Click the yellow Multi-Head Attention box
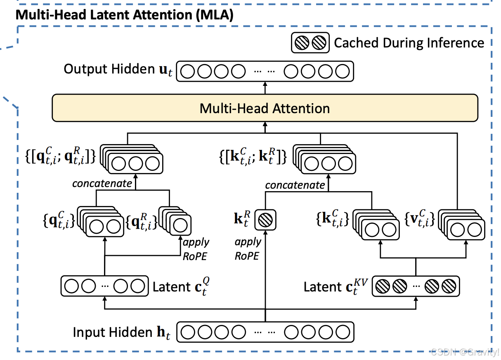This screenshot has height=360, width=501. [265, 108]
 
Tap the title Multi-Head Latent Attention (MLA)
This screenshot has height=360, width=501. [125, 15]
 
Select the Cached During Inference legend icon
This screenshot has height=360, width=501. [310, 43]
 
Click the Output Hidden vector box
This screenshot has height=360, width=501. [265, 71]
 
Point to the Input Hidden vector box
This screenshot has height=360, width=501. [265, 332]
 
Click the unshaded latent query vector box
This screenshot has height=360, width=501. [104, 286]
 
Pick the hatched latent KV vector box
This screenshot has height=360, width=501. [416, 287]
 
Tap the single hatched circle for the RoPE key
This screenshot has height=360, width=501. [265, 220]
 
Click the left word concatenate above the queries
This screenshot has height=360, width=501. [102, 184]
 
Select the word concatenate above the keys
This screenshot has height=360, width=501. [295, 185]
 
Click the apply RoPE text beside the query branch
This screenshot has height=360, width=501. [196, 249]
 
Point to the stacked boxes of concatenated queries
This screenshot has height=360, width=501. [132, 159]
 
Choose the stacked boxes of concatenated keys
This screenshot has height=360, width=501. [324, 159]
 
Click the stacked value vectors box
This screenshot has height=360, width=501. [462, 225]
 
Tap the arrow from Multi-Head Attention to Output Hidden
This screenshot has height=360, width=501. [265, 88]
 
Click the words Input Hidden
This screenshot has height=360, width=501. [113, 332]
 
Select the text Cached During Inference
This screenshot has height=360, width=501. [409, 43]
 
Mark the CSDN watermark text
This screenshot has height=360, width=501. [465, 352]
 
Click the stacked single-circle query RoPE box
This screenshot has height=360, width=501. [175, 221]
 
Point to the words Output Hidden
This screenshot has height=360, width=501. [109, 69]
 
